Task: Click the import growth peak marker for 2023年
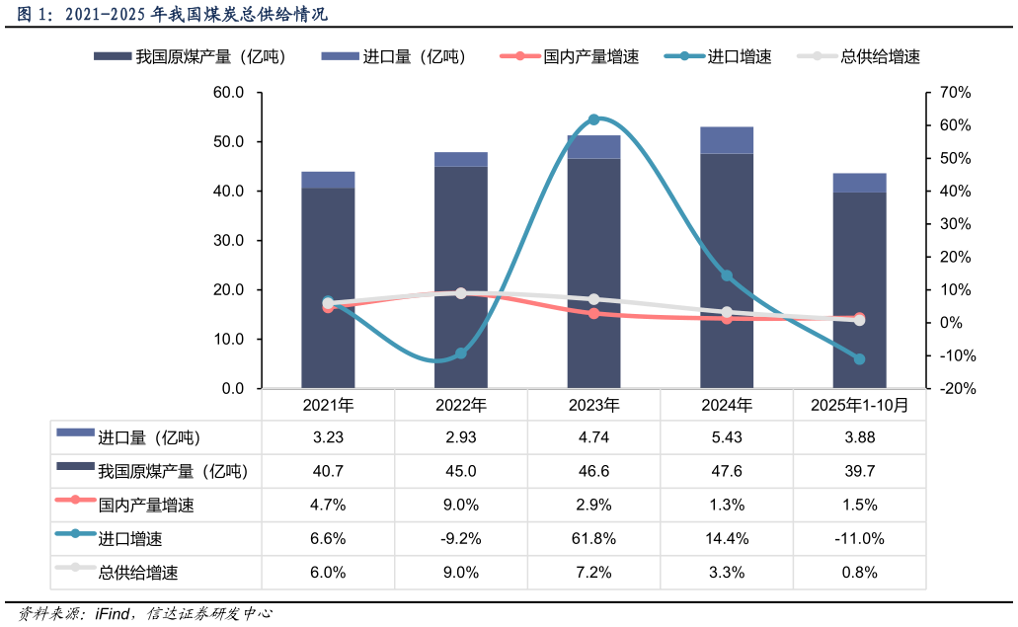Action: coord(593,119)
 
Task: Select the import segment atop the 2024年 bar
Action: coord(727,140)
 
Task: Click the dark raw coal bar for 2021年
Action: coord(328,286)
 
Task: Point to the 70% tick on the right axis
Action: coord(956,93)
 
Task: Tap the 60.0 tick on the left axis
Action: coord(228,93)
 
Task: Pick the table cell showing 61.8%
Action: coord(593,539)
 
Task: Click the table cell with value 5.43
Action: coord(727,437)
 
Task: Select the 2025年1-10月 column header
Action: coord(859,405)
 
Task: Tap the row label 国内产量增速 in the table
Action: coord(146,506)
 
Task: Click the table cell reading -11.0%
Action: coord(859,539)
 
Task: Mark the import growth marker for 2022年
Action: coord(460,353)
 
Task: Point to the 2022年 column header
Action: coord(461,405)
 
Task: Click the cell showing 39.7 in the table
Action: coord(859,472)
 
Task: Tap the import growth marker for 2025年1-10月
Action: coord(859,359)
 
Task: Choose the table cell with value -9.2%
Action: coord(461,539)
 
